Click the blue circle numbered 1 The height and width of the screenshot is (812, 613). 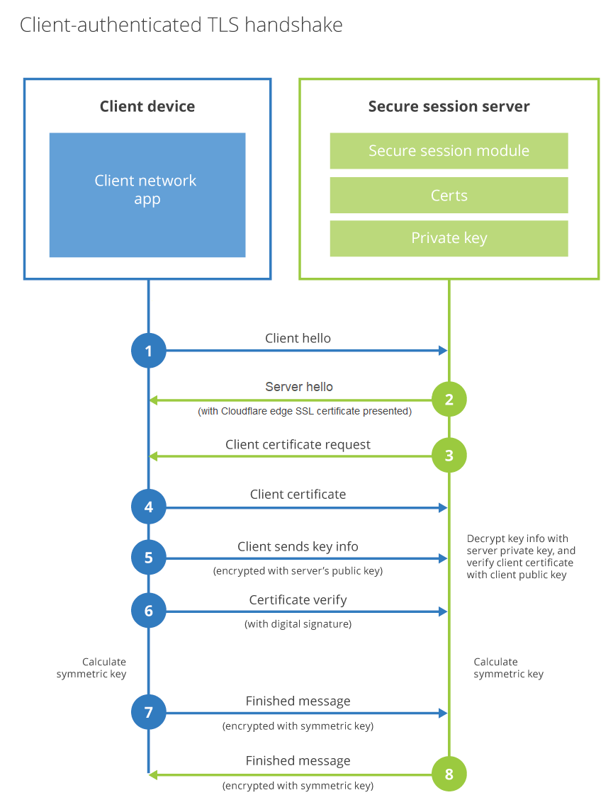[149, 351]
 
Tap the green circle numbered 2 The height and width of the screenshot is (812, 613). [449, 400]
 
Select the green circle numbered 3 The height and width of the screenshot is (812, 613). [449, 456]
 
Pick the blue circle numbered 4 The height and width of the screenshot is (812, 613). [149, 507]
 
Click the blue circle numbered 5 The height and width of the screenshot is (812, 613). [149, 558]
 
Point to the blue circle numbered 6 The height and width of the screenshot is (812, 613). [149, 611]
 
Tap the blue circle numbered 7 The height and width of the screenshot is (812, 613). [149, 712]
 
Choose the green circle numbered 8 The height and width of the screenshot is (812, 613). [449, 774]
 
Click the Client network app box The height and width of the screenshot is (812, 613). [147, 195]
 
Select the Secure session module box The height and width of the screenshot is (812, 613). [449, 151]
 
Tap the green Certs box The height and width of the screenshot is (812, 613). [449, 196]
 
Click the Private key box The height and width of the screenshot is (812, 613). [449, 238]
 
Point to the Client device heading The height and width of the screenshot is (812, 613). [147, 107]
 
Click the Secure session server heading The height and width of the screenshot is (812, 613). [449, 107]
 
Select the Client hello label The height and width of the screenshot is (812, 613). [298, 338]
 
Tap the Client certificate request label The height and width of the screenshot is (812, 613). [298, 444]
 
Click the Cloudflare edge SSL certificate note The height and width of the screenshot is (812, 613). [305, 411]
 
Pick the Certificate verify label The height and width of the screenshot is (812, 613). [298, 600]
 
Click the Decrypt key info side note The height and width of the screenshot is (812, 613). [521, 557]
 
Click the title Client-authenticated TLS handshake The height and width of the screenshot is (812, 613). [181, 26]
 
